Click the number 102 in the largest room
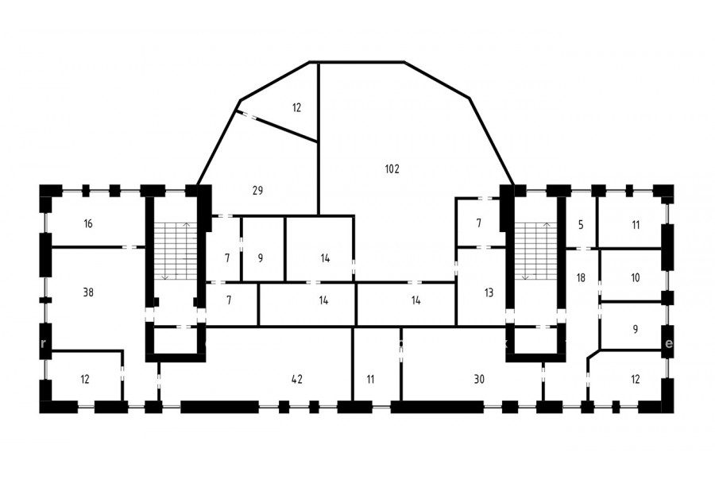pyautogui.click(x=392, y=168)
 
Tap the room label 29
pyautogui.click(x=257, y=190)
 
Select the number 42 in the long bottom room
pyautogui.click(x=296, y=379)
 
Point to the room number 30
pyautogui.click(x=479, y=379)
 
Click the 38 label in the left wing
pyautogui.click(x=88, y=292)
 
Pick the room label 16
pyautogui.click(x=88, y=223)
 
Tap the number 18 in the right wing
pyautogui.click(x=581, y=277)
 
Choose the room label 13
pyautogui.click(x=489, y=292)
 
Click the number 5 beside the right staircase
pyautogui.click(x=581, y=224)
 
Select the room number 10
pyautogui.click(x=636, y=277)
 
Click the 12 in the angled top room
pyautogui.click(x=296, y=107)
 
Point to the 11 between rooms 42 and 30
pyautogui.click(x=370, y=379)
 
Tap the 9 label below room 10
pyautogui.click(x=636, y=329)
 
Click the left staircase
pyautogui.click(x=175, y=251)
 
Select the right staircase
pyautogui.click(x=535, y=251)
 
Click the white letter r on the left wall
pyautogui.click(x=44, y=343)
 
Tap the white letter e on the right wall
pyautogui.click(x=668, y=343)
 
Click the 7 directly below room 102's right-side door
pyautogui.click(x=478, y=223)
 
